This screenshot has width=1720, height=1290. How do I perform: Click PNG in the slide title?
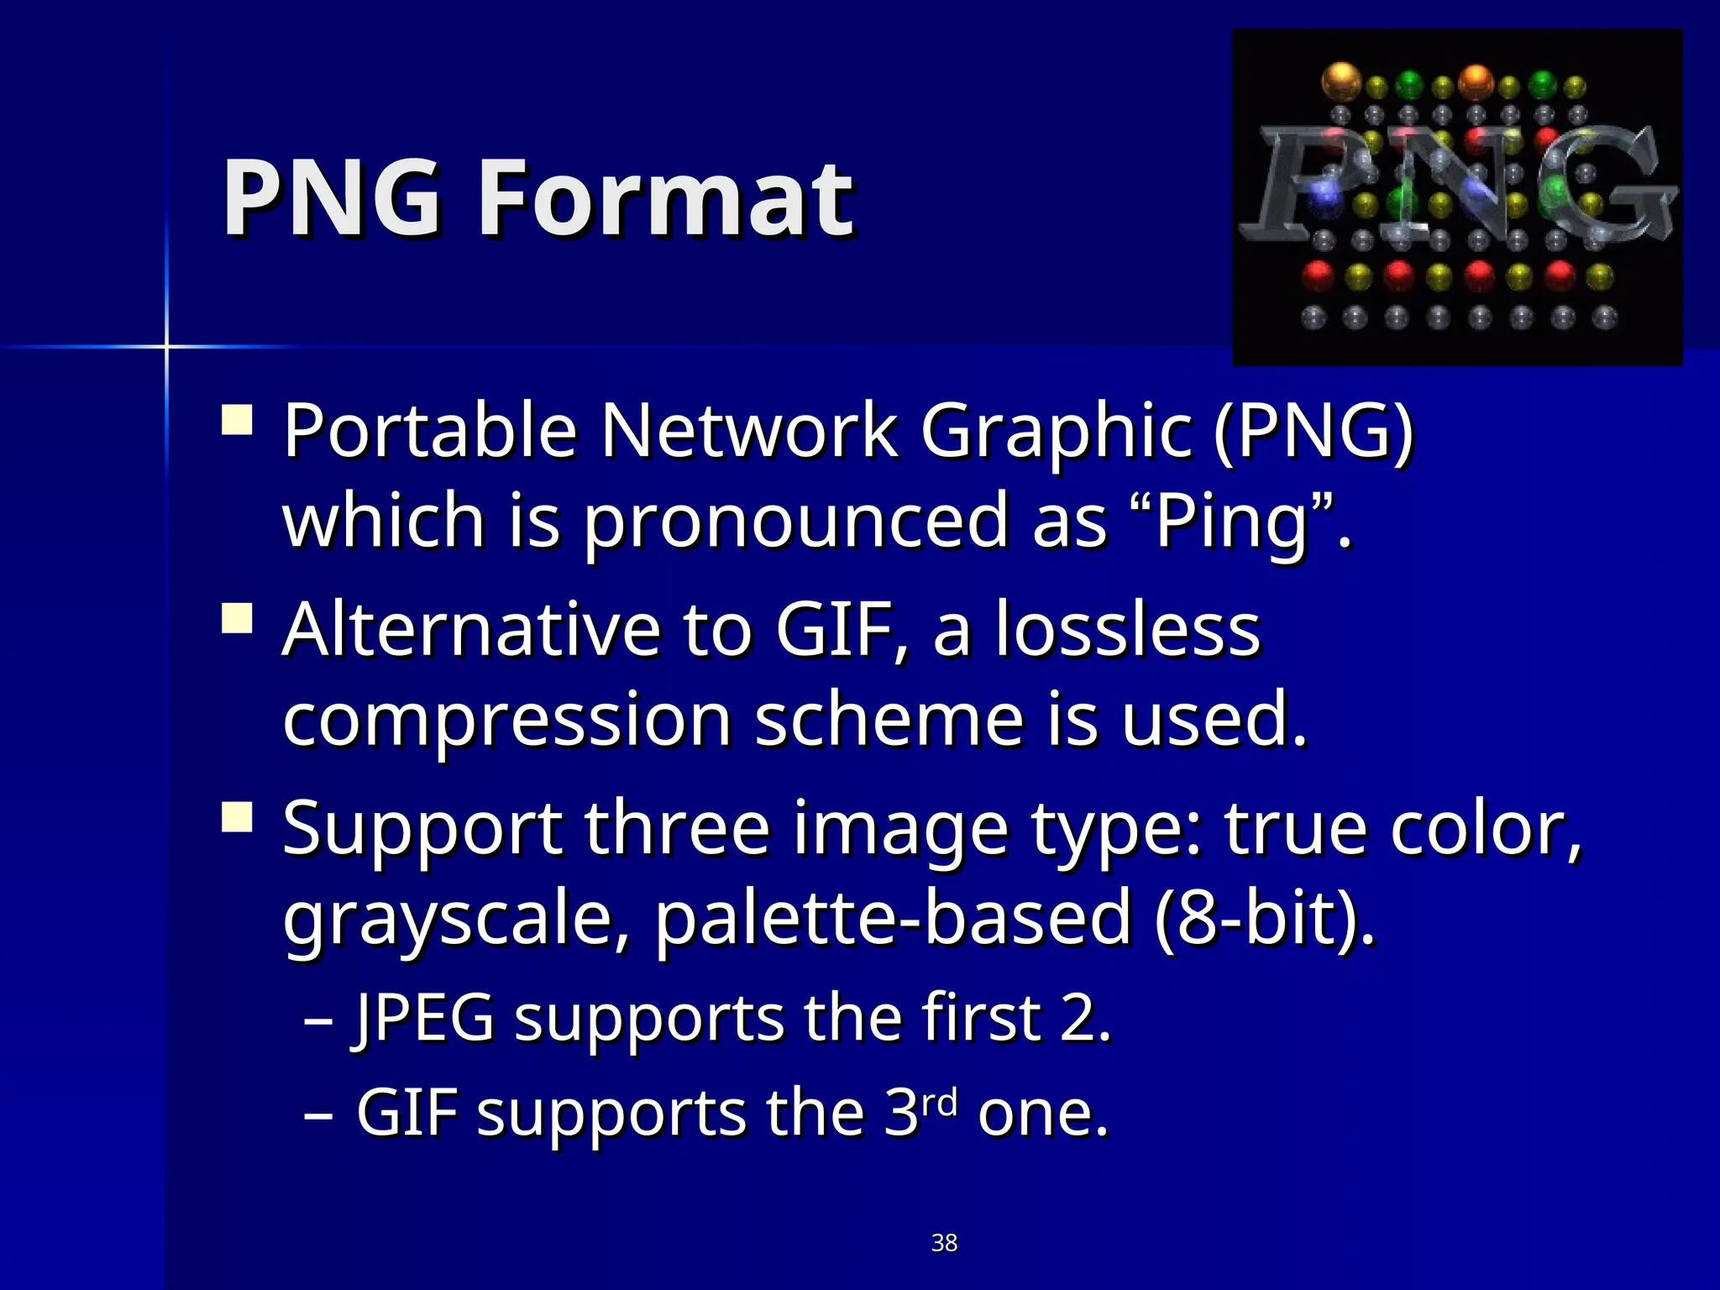331,200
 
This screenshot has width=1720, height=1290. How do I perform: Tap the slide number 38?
944,1243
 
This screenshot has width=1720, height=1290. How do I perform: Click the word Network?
748,432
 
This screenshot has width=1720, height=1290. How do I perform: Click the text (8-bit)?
1265,919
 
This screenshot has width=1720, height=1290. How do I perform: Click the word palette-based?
893,919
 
